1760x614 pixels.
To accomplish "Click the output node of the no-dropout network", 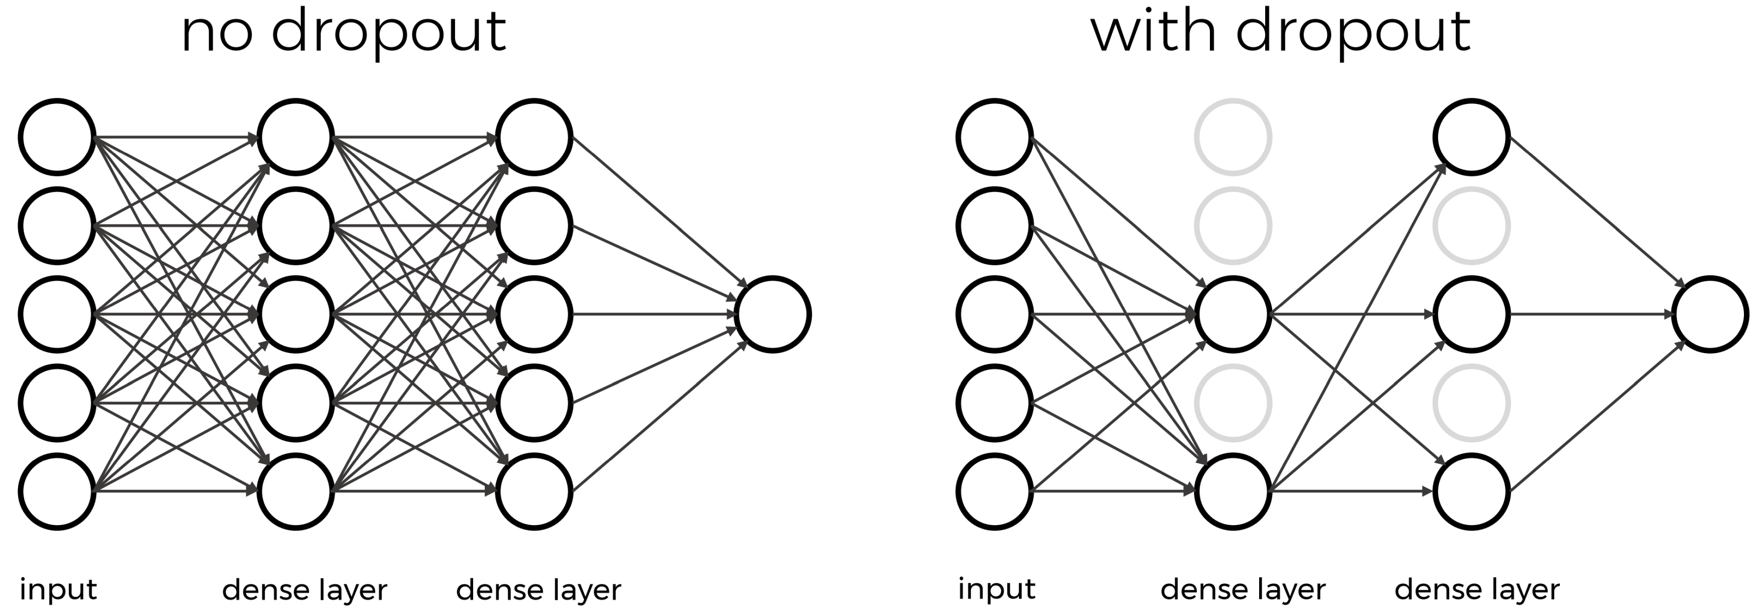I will point(773,314).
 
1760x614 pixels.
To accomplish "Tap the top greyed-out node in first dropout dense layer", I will point(1233,137).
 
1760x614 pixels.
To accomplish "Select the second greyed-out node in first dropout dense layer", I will point(1233,226).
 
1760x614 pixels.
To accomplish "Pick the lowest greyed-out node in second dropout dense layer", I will point(1471,403).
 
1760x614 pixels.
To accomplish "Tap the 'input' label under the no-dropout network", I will point(58,589).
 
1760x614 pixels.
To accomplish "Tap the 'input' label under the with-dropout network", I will point(996,589).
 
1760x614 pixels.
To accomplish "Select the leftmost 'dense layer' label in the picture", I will point(305,589).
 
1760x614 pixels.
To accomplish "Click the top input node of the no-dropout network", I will point(57,137).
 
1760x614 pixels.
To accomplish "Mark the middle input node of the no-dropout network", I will point(57,314).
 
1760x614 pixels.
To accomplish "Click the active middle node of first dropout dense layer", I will point(1233,314).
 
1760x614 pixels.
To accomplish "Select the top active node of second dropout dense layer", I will point(1471,137).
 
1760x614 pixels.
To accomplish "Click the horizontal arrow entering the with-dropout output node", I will point(1592,314).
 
